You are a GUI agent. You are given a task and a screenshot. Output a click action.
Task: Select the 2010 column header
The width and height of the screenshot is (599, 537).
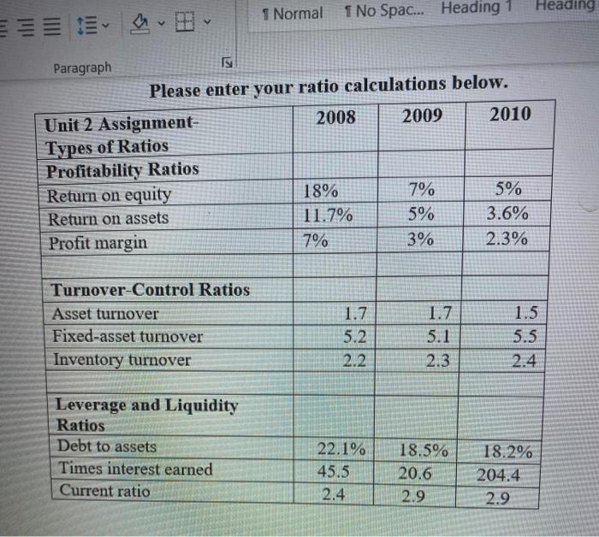(x=510, y=114)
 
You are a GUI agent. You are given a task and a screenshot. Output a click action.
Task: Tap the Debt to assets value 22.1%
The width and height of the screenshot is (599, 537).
(x=341, y=449)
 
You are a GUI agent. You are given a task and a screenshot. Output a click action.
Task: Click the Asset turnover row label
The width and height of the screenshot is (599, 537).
(x=105, y=314)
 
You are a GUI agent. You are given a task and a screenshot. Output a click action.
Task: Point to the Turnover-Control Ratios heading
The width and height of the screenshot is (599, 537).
(x=151, y=290)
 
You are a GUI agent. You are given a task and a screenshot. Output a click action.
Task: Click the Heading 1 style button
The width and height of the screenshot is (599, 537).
(x=476, y=9)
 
